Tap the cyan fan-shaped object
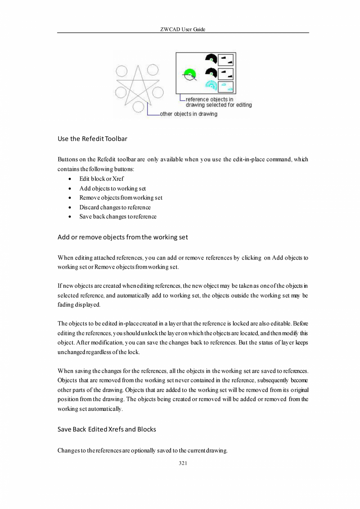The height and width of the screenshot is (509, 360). pos(211,86)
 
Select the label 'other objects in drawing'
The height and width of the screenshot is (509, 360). pos(189,114)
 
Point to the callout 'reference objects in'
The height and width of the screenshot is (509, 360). pos(209,99)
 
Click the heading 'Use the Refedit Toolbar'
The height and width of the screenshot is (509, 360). pos(92,139)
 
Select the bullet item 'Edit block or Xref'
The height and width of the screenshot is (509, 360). pos(102,179)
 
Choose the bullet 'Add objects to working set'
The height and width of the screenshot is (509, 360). pos(113,188)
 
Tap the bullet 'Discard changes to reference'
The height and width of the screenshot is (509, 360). pos(115,207)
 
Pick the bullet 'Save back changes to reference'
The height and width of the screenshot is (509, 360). pos(118,217)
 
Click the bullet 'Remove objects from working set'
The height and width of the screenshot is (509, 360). pos(121,198)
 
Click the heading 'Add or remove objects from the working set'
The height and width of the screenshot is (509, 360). pos(122,237)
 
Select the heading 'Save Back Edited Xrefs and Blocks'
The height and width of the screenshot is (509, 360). pos(106,429)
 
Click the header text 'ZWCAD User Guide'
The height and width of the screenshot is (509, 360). pos(183,29)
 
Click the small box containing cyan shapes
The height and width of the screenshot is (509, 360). pos(225,87)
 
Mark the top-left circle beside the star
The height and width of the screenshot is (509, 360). pos(122,71)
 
